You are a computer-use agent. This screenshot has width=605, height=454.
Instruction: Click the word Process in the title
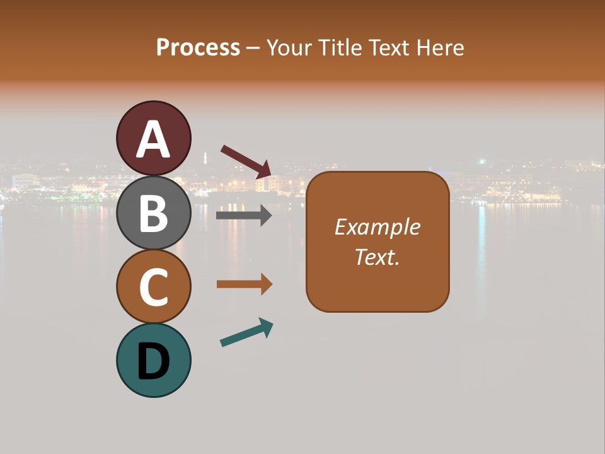pos(198,47)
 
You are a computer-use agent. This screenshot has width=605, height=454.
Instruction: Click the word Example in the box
pos(377,227)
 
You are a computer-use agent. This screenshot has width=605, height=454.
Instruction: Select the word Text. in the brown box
pos(377,257)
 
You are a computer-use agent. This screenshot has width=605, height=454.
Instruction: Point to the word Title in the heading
pos(339,47)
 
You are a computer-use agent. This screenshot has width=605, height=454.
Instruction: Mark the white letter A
pos(153,140)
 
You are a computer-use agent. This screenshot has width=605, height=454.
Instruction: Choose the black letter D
pos(153,362)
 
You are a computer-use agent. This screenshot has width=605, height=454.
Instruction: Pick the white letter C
pos(153,288)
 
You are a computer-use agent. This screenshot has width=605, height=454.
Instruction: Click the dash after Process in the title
pos(253,48)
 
